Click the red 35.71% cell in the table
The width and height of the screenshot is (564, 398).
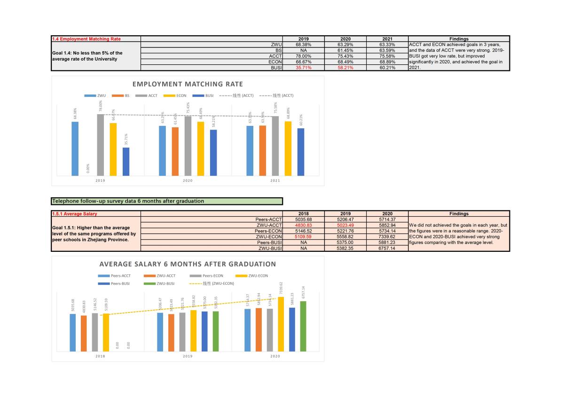pos(304,68)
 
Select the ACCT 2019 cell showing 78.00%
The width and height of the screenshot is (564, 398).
pos(304,56)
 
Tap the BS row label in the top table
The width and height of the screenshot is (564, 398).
pos(279,50)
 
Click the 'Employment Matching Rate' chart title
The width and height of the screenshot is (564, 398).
pos(188,84)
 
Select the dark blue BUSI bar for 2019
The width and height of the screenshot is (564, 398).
pos(126,162)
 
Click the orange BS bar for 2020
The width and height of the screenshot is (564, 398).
pos(175,151)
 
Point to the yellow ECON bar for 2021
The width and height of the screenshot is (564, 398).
pos(288,148)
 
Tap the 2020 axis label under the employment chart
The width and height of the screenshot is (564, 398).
pos(188,180)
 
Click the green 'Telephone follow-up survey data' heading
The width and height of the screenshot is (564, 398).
pos(167,201)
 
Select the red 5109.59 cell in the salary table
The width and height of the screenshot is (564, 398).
pos(304,237)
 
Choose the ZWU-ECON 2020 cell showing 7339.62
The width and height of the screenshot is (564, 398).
pos(387,237)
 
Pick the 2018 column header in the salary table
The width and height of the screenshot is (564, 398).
pos(304,214)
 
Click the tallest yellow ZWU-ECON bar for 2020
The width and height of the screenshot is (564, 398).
pos(281,324)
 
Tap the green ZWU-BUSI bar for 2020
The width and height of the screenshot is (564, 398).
pos(303,326)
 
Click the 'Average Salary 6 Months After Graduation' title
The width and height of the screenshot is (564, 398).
pos(188,264)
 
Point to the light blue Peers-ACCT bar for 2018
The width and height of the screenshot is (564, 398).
pos(73,332)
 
